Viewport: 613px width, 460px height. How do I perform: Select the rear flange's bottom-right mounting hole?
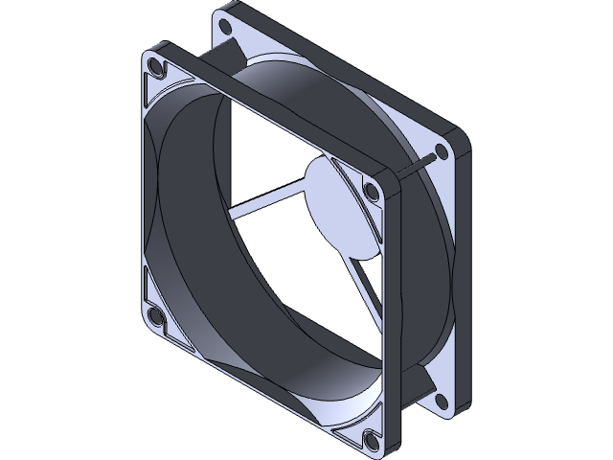click(x=440, y=400)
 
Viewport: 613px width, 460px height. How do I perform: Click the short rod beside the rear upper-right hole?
click(x=421, y=164)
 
